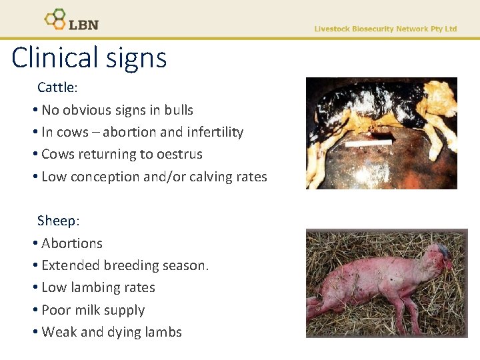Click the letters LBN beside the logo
(x=83, y=24)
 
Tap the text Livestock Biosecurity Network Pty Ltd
(x=385, y=29)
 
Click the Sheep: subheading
(x=58, y=221)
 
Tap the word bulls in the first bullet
(x=177, y=110)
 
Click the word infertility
(x=211, y=132)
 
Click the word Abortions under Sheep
(x=72, y=243)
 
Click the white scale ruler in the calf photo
(x=368, y=143)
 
